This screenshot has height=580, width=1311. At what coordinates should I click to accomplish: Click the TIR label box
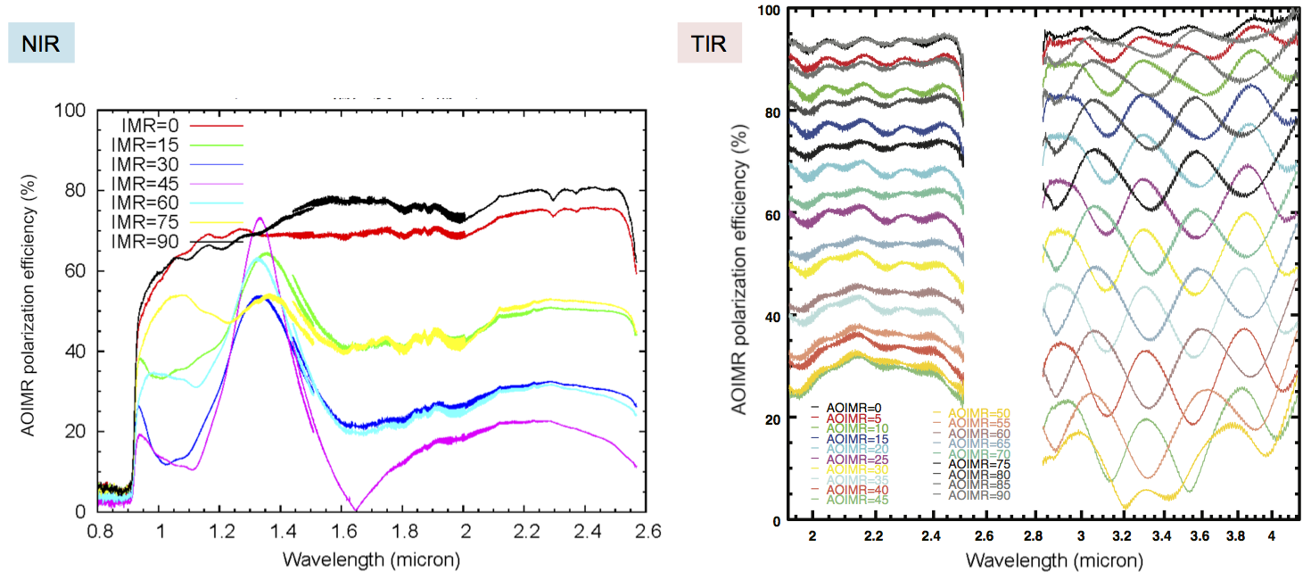pos(709,45)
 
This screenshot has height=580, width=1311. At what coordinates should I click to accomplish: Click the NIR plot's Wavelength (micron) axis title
pos(370,560)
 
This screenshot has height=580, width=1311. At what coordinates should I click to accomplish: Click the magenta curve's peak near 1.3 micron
pos(260,218)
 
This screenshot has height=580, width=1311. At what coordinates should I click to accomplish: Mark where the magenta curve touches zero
pos(355,510)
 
